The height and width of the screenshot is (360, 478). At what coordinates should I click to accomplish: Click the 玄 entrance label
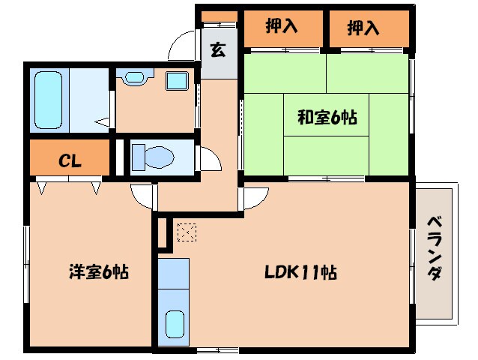(217, 51)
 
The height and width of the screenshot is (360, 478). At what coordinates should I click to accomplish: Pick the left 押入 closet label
(282, 28)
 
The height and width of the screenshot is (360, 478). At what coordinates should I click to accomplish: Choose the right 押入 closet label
(363, 28)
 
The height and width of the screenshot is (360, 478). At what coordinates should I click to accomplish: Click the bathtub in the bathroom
(50, 100)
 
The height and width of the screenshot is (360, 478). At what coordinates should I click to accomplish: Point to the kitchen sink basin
(174, 324)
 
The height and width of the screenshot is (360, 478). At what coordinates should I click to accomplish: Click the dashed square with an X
(185, 232)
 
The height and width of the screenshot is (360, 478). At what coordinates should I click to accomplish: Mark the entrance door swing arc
(181, 46)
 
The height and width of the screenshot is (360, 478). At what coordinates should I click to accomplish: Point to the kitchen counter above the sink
(174, 279)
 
